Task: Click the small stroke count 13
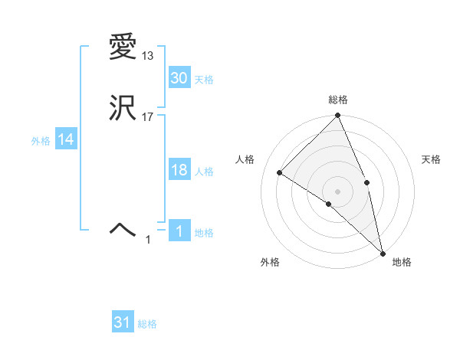147,56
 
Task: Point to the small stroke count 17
147,117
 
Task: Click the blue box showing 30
179,77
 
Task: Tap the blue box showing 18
179,170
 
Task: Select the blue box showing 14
66,139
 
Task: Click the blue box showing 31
123,322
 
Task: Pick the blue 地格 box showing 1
179,231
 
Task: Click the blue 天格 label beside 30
204,79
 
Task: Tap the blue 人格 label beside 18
204,172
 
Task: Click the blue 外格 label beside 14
41,141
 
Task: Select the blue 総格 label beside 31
147,324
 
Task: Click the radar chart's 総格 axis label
338,100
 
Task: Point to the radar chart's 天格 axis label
432,159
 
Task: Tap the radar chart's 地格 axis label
402,262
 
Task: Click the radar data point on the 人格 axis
280,172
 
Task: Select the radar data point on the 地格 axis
383,252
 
